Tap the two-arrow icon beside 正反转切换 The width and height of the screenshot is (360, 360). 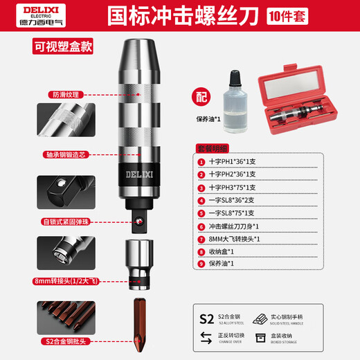pos(206,336)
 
